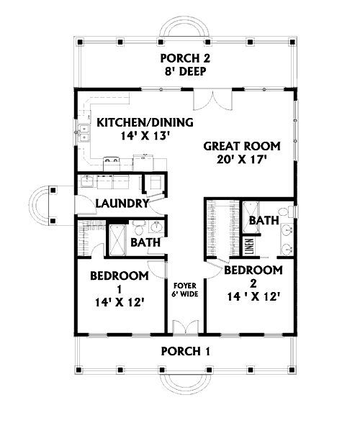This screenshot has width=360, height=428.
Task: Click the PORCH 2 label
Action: pos(185,58)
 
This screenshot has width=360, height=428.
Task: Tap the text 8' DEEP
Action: pos(185,71)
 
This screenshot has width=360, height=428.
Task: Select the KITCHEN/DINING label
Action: pos(145,122)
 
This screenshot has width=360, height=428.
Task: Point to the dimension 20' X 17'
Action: pos(241,160)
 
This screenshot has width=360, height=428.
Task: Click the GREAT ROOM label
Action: pos(242,146)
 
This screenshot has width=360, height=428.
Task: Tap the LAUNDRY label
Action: pos(122,204)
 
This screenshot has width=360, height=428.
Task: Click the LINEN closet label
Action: pos(250,247)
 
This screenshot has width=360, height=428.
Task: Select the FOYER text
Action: pos(185,286)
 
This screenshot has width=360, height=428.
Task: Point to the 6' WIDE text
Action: pos(185,294)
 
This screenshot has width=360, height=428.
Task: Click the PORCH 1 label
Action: pos(186,351)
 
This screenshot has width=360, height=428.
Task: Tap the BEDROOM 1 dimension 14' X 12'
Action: pos(120,302)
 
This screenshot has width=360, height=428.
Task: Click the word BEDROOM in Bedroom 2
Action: pos(253,270)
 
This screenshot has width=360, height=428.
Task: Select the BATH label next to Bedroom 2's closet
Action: pos(264,220)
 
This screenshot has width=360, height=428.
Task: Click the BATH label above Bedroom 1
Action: pos(145,242)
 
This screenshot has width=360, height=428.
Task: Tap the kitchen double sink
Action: pos(84,133)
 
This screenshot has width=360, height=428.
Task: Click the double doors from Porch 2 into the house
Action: pos(213,100)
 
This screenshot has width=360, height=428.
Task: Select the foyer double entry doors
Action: pos(186,327)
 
